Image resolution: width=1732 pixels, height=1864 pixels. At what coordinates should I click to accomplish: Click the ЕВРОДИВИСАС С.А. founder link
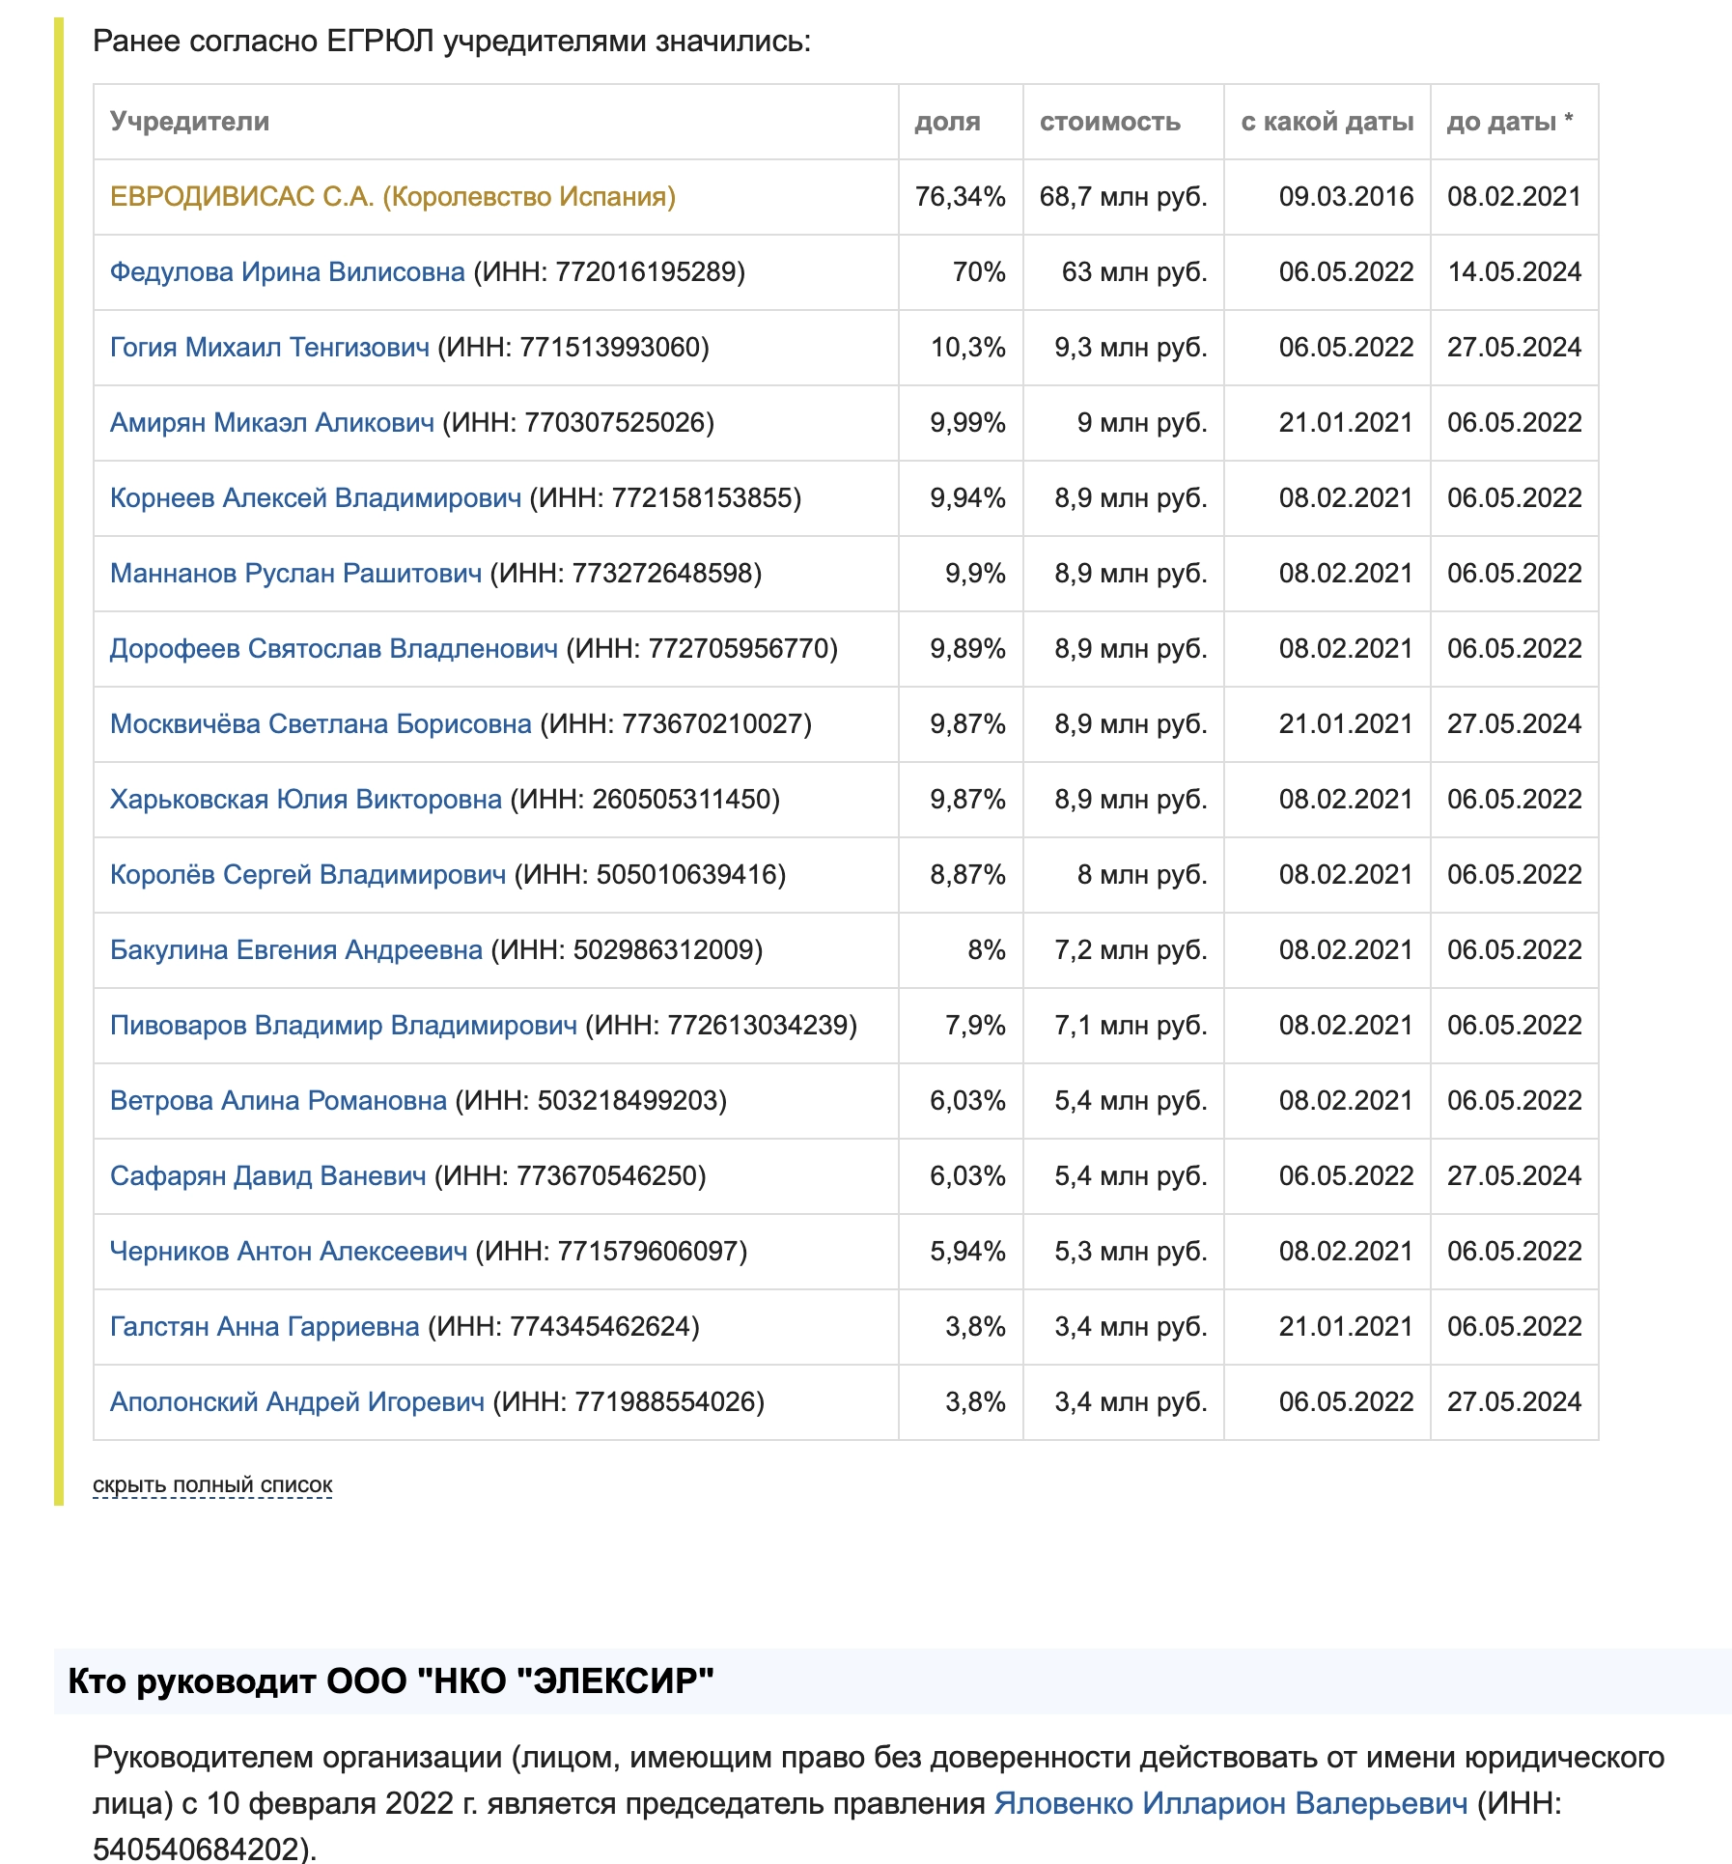click(x=392, y=197)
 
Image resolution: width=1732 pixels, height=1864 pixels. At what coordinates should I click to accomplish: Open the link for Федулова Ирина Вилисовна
click(x=287, y=272)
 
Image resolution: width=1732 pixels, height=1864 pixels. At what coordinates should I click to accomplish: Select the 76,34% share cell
click(x=960, y=197)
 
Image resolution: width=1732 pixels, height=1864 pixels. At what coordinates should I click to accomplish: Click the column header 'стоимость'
click(x=1109, y=122)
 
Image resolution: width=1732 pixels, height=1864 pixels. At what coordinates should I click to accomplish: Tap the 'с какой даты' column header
click(x=1327, y=122)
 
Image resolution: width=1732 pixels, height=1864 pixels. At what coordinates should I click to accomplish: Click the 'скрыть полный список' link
click(x=212, y=1484)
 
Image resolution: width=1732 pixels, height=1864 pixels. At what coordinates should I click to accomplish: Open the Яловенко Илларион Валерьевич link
click(x=1230, y=1803)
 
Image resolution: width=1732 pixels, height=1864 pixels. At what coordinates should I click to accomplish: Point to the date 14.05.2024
click(x=1514, y=272)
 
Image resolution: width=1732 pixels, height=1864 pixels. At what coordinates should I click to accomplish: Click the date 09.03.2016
click(x=1346, y=197)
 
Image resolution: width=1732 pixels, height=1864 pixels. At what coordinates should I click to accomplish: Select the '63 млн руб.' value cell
click(x=1134, y=272)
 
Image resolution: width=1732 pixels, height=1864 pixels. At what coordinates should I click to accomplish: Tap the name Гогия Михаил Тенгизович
click(x=269, y=348)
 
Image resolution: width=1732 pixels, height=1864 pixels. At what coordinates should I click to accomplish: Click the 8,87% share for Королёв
click(x=967, y=875)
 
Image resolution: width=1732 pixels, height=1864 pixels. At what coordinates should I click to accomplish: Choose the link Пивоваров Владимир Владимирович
click(x=343, y=1026)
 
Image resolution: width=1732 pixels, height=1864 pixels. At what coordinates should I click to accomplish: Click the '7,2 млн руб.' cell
click(x=1131, y=950)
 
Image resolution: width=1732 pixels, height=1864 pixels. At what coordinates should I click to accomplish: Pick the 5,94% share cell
click(x=967, y=1252)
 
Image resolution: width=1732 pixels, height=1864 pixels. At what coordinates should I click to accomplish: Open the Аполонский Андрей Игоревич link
click(x=296, y=1402)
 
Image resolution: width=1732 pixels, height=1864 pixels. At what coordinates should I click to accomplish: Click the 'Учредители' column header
click(x=189, y=122)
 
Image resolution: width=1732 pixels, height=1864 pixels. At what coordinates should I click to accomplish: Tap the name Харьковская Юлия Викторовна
click(x=305, y=800)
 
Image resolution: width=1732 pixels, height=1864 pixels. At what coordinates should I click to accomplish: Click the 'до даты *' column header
click(x=1509, y=122)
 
